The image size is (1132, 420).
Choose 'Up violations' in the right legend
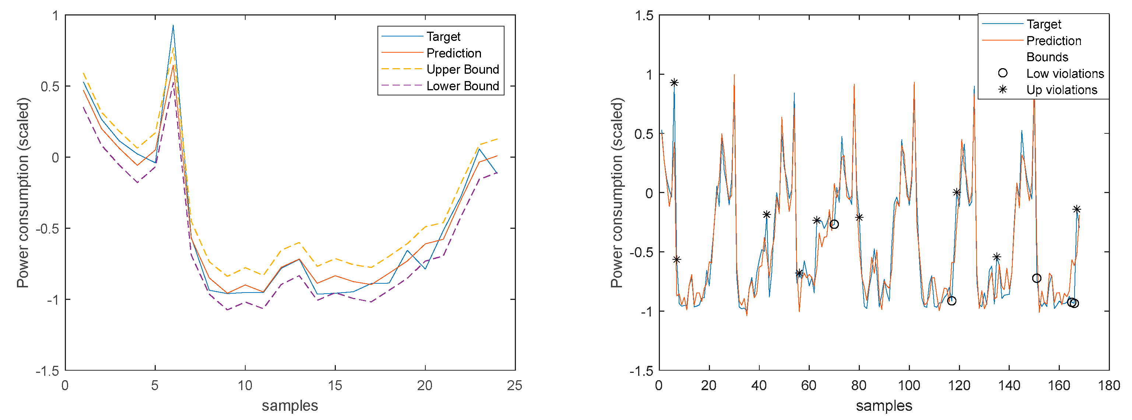click(1061, 90)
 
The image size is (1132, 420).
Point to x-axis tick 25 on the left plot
click(514, 386)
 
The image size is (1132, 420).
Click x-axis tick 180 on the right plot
click(1109, 386)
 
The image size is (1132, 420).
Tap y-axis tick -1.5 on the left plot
click(48, 371)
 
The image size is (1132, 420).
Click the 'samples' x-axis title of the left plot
click(289, 406)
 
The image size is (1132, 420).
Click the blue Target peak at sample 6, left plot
click(173, 25)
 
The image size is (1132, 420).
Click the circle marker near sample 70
click(834, 224)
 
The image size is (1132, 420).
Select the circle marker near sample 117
click(952, 301)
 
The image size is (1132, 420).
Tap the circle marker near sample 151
click(1037, 279)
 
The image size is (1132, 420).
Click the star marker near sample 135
click(996, 257)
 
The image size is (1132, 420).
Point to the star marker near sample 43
click(766, 215)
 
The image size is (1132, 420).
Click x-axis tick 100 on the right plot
click(909, 386)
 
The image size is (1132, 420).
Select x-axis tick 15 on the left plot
click(335, 386)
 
